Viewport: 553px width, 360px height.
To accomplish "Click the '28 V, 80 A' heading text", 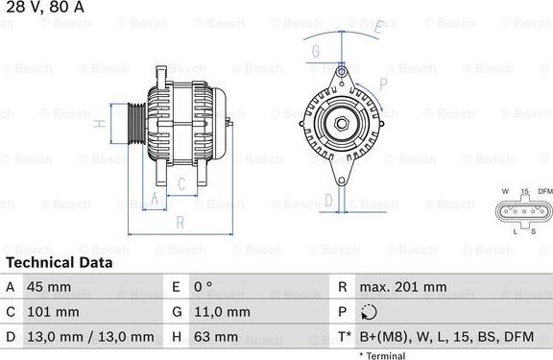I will click(x=42, y=8).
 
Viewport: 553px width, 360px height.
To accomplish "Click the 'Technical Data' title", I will click(x=59, y=262).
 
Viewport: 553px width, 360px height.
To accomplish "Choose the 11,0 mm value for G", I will click(x=224, y=312).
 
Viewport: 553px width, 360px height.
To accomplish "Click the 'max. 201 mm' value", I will click(x=402, y=287).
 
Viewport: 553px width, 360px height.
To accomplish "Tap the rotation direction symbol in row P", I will click(x=371, y=312).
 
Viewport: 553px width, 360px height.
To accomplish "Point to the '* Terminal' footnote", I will click(x=382, y=355).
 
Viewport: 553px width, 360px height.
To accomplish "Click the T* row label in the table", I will click(x=343, y=337).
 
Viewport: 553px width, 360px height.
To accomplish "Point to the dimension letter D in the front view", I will click(x=327, y=200).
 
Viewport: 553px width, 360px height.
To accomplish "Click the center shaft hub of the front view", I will click(x=340, y=122).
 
